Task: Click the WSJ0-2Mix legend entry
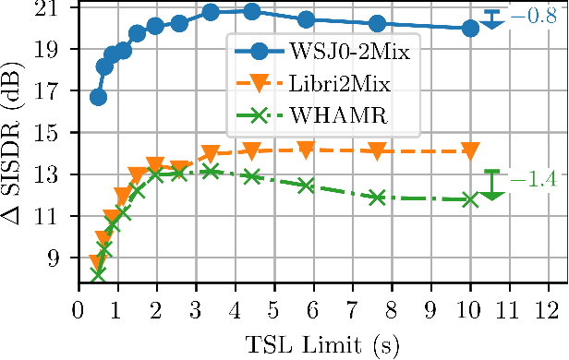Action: [312, 51]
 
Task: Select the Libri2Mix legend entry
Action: [312, 84]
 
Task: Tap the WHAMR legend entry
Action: [312, 117]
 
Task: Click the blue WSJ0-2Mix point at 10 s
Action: [470, 29]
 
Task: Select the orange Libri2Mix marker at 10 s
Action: [470, 150]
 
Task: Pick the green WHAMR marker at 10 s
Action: [470, 199]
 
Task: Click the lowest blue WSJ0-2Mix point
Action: [98, 97]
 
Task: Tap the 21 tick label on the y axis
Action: [54, 8]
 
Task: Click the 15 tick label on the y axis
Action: [54, 133]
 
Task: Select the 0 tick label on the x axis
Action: [78, 305]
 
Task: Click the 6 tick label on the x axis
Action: [313, 305]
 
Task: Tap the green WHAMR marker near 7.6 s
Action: [376, 198]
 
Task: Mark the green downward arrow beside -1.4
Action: [492, 186]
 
